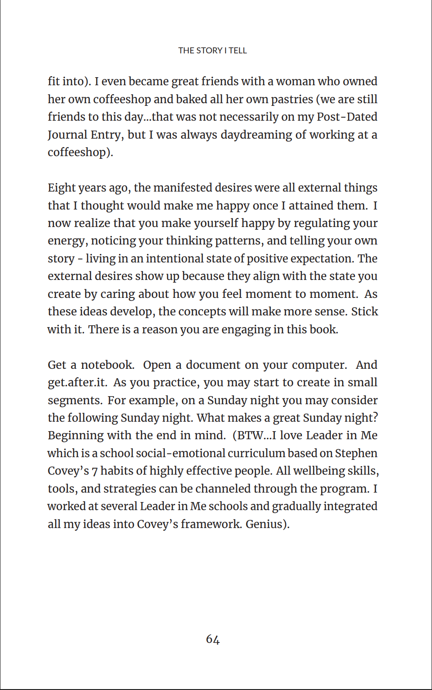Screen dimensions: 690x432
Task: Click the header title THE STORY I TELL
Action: point(212,51)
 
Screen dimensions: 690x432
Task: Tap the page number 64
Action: point(213,639)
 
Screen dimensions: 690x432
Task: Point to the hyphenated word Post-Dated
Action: point(347,117)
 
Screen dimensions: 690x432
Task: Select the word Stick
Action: point(364,311)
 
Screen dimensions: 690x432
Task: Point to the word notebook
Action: point(107,365)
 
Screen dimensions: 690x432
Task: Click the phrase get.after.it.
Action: point(77,382)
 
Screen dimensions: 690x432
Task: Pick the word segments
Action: point(75,400)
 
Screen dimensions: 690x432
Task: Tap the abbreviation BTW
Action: point(250,436)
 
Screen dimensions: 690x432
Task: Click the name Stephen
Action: point(356,453)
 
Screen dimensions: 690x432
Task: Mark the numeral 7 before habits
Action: point(94,471)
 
